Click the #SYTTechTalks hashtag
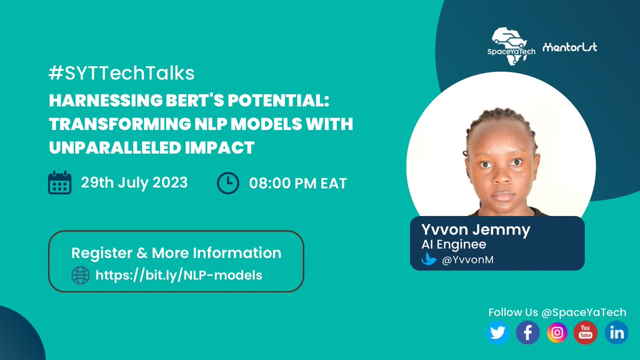pyautogui.click(x=122, y=74)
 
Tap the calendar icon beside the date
pyautogui.click(x=60, y=182)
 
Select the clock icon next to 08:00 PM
pyautogui.click(x=228, y=183)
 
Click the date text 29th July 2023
pyautogui.click(x=134, y=182)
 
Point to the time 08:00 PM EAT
pyautogui.click(x=298, y=183)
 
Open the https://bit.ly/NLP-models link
pyautogui.click(x=179, y=275)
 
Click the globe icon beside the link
pyautogui.click(x=81, y=275)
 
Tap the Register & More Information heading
pyautogui.click(x=176, y=252)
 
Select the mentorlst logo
pyautogui.click(x=570, y=47)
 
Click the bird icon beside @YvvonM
pyautogui.click(x=429, y=260)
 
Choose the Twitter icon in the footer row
pyautogui.click(x=498, y=333)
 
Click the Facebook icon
pyautogui.click(x=527, y=333)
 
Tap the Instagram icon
pyautogui.click(x=557, y=333)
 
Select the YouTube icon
pyautogui.click(x=586, y=333)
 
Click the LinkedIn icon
pyautogui.click(x=617, y=333)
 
